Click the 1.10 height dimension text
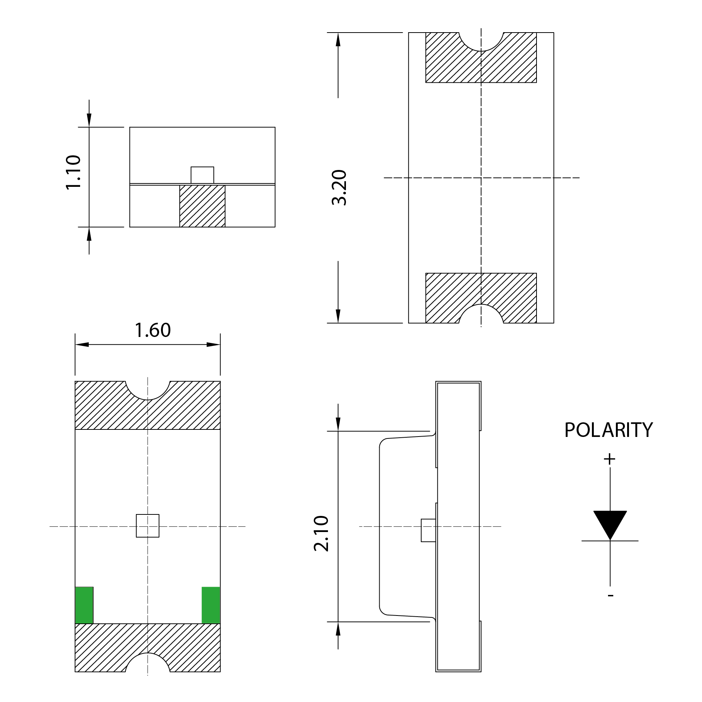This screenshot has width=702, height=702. coord(73,173)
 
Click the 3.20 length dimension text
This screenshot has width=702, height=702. coord(339,187)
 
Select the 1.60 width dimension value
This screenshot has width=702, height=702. coord(153,330)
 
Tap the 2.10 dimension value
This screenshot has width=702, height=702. coord(321,534)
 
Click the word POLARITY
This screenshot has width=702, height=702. coord(608,430)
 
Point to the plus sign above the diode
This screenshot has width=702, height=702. coord(610,459)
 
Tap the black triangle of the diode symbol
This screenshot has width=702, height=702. coord(610,523)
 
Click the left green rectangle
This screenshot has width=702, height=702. coord(84,605)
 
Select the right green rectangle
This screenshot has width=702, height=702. coord(211,605)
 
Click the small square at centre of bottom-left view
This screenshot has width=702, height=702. coord(148,526)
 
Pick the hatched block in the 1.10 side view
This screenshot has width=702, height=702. coord(202,206)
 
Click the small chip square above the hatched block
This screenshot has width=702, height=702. coord(202,175)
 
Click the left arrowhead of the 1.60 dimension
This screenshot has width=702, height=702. coord(82,344)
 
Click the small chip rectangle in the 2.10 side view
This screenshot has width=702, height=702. coord(428,530)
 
